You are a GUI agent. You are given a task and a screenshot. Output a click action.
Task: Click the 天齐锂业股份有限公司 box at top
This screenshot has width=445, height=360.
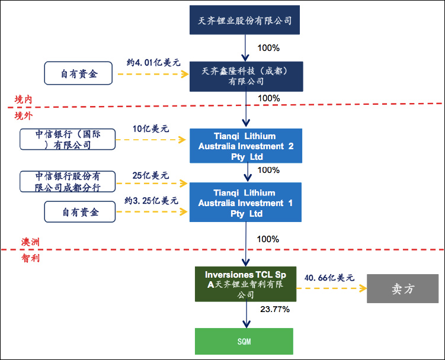point(245,20)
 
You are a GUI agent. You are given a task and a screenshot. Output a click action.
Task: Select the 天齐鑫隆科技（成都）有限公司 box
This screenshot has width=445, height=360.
point(245,75)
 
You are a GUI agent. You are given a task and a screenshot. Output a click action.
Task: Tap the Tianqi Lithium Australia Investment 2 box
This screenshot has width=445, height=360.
point(245,146)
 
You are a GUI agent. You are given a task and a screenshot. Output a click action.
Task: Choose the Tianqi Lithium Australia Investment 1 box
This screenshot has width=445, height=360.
point(245,202)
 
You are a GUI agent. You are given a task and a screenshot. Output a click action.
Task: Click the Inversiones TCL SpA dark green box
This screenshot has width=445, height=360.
point(245,284)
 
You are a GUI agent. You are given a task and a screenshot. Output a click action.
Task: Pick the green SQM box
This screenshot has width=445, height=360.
point(245,342)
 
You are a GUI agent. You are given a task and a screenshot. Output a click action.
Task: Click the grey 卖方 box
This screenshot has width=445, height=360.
point(403,289)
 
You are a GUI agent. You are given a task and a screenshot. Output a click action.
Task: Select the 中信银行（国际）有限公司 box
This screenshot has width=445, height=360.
point(67,139)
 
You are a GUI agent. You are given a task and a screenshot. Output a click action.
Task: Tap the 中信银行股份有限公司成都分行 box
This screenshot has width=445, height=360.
point(67,182)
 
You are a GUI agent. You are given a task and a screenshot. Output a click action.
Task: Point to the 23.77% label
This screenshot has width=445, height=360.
point(274,310)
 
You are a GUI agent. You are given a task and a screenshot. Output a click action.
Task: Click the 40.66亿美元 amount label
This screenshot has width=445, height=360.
point(329,277)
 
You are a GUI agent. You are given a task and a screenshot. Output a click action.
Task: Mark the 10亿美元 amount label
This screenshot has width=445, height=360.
point(151,128)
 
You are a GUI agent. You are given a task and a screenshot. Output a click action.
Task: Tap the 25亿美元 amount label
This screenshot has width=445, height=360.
point(151,176)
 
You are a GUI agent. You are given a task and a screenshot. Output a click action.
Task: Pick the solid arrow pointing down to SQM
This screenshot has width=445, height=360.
point(245,314)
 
